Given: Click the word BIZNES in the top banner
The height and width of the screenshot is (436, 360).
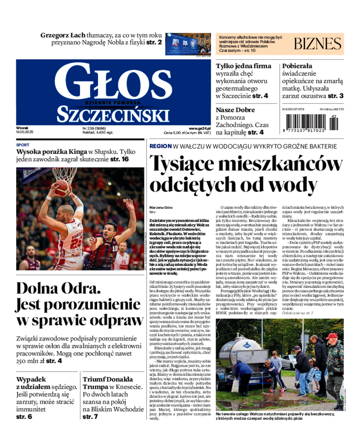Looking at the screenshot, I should coord(318,44).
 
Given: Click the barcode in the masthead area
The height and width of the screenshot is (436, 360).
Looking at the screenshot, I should coord(309,122).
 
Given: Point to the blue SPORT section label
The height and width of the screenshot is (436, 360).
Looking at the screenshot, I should coord(22,145).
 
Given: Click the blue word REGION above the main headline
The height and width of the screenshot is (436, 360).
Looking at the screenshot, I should coord(161,146).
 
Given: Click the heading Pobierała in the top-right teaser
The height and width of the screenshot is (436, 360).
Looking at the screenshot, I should coord(297,66).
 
